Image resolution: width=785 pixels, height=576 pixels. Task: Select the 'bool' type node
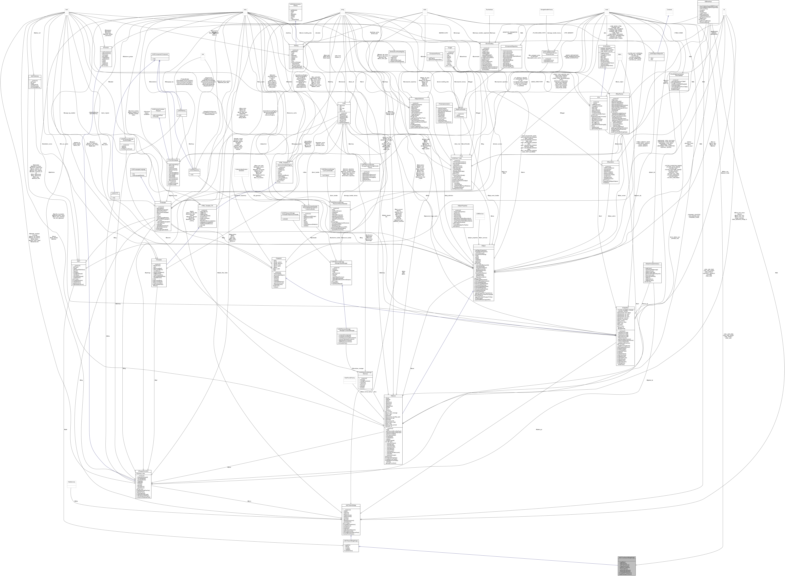66,10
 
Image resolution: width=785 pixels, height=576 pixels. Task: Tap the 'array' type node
245,10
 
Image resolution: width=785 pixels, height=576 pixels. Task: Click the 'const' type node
607,10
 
